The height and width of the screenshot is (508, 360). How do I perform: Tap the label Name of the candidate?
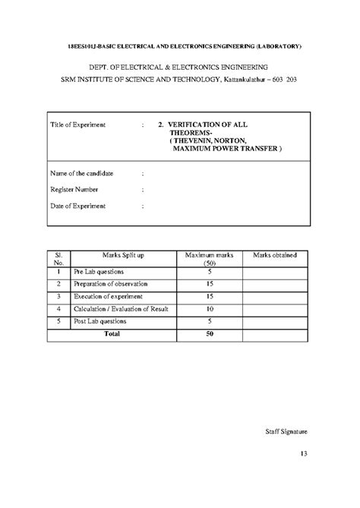pos(81,173)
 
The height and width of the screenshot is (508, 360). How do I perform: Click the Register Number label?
pos(75,189)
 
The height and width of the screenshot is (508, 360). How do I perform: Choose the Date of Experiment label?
pos(77,205)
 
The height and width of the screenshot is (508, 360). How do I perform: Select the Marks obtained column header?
pos(275,254)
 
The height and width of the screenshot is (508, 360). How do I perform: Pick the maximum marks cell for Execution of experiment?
pos(209,296)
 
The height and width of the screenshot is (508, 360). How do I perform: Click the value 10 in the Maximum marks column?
pos(209,309)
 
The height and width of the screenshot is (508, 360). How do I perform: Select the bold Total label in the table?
pos(112,333)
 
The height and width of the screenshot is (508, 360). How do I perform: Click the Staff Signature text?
pos(285,431)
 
